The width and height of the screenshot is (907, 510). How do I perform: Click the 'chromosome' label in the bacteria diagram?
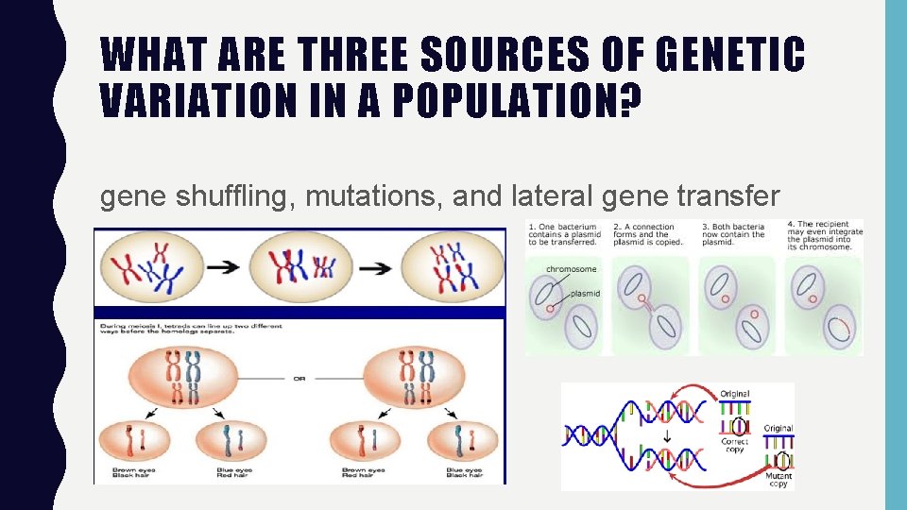click(x=571, y=269)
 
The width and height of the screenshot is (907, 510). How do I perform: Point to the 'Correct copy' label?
click(x=735, y=445)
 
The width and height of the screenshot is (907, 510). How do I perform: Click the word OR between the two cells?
click(x=299, y=380)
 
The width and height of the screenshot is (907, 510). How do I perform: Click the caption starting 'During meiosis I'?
click(x=194, y=331)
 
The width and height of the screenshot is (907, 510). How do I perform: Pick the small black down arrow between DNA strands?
click(x=667, y=436)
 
